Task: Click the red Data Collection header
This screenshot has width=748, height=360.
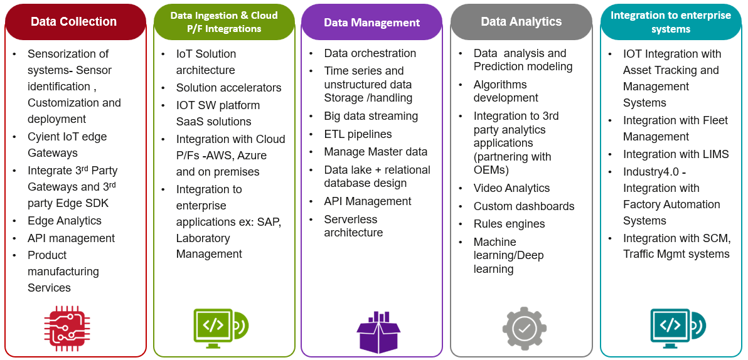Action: (74, 21)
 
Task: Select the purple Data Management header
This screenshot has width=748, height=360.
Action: (371, 23)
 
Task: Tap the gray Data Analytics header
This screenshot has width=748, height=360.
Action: (520, 22)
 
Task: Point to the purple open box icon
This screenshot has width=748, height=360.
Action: (378, 331)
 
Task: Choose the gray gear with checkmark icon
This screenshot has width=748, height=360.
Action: (524, 328)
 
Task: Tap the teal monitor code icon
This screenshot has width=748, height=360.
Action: (676, 327)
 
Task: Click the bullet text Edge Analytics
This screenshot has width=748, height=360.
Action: (65, 221)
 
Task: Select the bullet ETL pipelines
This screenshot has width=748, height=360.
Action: (358, 134)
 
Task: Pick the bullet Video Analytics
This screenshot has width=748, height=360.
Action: (511, 188)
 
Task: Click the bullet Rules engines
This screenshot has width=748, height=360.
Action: (509, 224)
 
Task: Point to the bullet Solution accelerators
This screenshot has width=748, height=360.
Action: (228, 88)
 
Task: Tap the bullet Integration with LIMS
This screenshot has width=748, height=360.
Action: (676, 154)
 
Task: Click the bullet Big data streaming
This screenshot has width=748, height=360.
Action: (371, 116)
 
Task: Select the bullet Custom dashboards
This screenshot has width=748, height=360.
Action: (524, 206)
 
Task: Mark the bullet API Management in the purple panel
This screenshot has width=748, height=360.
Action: (368, 201)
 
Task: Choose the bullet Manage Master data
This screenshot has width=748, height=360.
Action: (375, 152)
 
